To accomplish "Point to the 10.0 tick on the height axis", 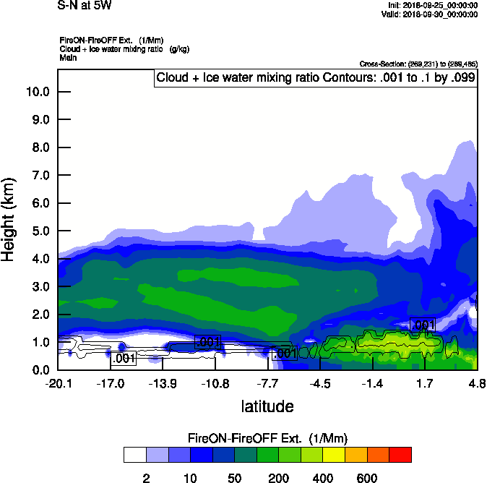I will (x=37, y=92).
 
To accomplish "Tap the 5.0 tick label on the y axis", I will (x=37, y=231).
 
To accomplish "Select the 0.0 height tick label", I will (x=37, y=370).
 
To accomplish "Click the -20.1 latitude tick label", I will (x=58, y=382).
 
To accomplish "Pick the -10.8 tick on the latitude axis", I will (x=215, y=382).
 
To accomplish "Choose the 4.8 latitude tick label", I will (x=477, y=382).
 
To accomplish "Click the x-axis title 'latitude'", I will (x=267, y=406).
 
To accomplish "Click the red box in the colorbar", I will (x=400, y=454).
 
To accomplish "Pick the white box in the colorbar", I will (x=134, y=454).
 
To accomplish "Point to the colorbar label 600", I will (x=367, y=478).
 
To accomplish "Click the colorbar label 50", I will (x=234, y=478).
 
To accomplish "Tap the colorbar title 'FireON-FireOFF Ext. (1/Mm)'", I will (x=267, y=438).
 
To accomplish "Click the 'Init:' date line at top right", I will (x=432, y=5).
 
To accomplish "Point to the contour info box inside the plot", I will (x=316, y=78).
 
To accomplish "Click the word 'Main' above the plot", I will (x=67, y=56).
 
